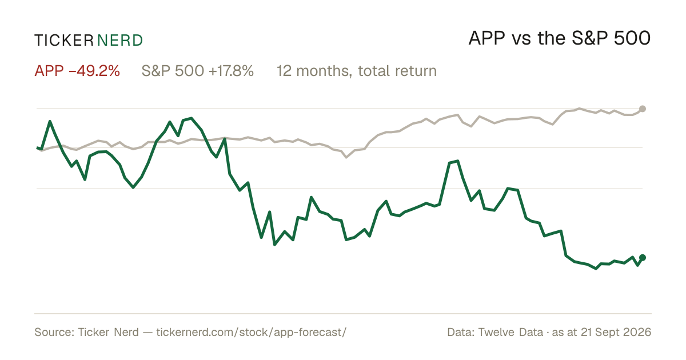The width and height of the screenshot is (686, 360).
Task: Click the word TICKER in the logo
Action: pos(64,41)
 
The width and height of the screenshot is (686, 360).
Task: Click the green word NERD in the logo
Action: pos(119,41)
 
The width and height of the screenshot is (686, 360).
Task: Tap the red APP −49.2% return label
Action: pos(77,71)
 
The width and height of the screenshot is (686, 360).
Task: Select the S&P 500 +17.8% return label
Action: pos(198,71)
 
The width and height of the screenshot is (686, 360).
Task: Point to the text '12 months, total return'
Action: pos(357,71)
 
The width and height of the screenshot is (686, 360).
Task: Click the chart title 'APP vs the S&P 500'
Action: pos(559,38)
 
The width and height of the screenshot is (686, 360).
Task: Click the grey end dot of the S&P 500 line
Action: pos(643,109)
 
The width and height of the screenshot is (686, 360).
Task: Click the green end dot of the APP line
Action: pos(643,258)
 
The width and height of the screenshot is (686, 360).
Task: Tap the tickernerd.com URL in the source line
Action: pos(252,332)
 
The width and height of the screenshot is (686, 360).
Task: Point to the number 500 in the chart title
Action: pos(632,38)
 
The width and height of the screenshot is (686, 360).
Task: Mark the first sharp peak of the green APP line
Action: pos(50,122)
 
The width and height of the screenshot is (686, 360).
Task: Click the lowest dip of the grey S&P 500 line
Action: pos(346,157)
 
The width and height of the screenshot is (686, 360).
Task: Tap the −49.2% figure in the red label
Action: pos(94,71)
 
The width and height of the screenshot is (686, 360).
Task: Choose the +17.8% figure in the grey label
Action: pos(231,71)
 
